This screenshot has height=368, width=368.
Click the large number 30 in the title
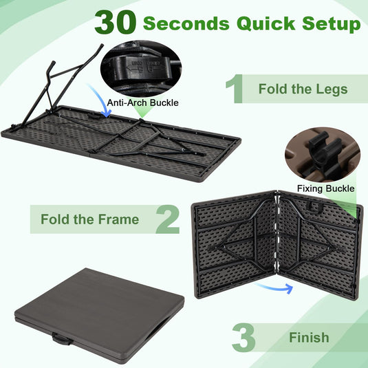click(x=116, y=22)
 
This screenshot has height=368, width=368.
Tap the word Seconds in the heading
click(x=186, y=23)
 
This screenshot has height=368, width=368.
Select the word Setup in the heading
click(x=332, y=24)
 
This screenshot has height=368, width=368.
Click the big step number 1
click(x=234, y=89)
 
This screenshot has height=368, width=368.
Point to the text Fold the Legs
click(x=303, y=89)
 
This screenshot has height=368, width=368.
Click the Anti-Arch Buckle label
click(x=143, y=102)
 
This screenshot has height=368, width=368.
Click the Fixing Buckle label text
click(x=326, y=188)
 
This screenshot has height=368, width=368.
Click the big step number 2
click(x=166, y=219)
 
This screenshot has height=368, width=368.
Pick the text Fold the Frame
click(x=89, y=220)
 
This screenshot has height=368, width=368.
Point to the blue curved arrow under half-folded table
click(x=273, y=285)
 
